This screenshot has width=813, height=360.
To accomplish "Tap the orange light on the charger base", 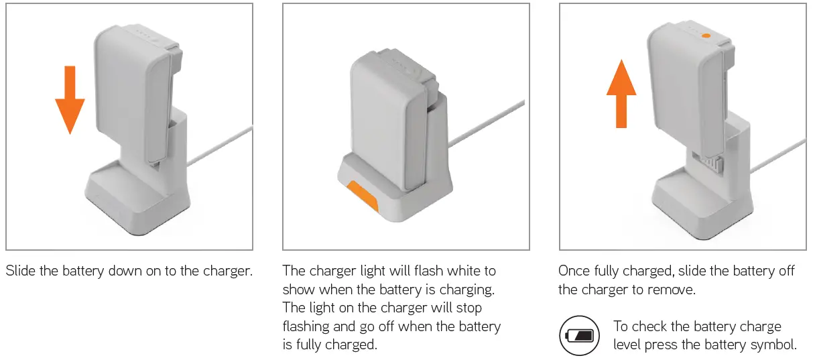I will point(362,195).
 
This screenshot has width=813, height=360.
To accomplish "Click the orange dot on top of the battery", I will point(705,35).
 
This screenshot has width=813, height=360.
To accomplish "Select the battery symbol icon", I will point(579,335).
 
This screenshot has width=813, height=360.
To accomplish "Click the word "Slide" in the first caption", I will point(21,271).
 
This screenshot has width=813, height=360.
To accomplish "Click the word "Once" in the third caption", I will point(575,271).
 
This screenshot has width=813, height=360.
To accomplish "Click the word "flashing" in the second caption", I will point(306,326).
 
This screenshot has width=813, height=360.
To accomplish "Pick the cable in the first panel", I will point(221,144).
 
